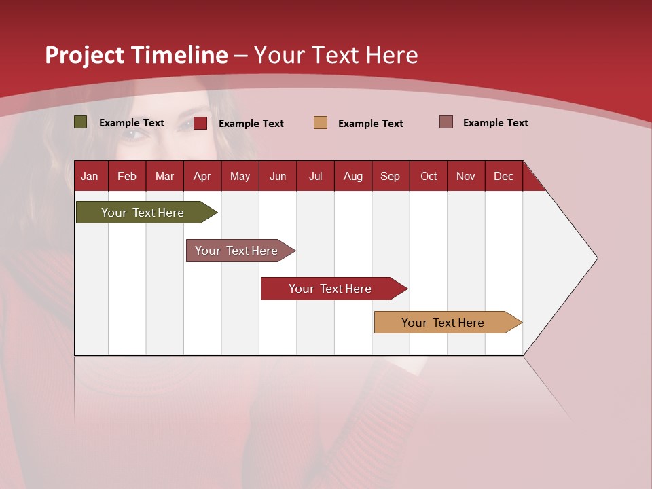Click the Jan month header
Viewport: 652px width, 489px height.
click(x=90, y=176)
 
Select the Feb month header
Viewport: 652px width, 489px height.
click(x=127, y=176)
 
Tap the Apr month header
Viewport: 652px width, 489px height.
click(x=202, y=176)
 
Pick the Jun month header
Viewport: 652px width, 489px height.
click(x=278, y=176)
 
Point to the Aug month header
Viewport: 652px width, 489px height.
click(x=352, y=176)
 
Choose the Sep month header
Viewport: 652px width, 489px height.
click(x=390, y=176)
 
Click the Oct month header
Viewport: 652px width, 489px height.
click(x=429, y=176)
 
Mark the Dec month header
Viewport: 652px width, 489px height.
click(x=503, y=176)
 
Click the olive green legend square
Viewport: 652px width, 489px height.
click(x=81, y=122)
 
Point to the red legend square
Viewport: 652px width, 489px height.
click(x=200, y=123)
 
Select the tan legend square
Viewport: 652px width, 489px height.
click(x=321, y=123)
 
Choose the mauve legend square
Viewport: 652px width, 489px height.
click(x=446, y=122)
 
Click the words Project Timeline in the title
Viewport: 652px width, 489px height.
click(x=137, y=55)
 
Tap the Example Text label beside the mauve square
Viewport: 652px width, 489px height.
click(x=495, y=123)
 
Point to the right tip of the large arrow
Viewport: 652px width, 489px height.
click(x=596, y=258)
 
